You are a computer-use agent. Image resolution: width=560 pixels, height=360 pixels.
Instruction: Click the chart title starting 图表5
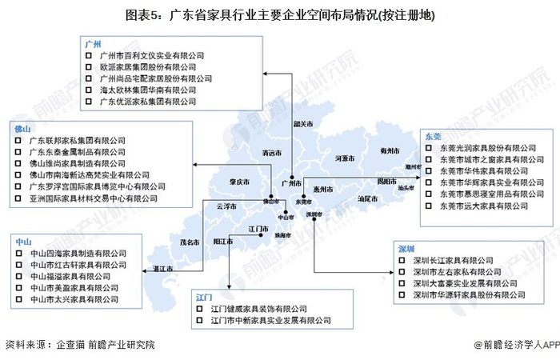(279, 14)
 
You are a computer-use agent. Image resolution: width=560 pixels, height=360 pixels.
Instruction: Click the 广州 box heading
(94, 44)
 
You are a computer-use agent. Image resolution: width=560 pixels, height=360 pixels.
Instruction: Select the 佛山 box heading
(22, 128)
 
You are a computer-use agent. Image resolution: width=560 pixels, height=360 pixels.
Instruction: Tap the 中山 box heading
(22, 241)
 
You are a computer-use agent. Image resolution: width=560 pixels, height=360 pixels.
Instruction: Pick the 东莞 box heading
(432, 137)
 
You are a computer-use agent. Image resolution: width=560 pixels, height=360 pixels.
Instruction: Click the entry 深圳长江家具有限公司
(454, 261)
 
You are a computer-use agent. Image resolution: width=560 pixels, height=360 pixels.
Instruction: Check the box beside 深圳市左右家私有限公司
(402, 272)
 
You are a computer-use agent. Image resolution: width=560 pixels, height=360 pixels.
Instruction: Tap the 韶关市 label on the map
(302, 124)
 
